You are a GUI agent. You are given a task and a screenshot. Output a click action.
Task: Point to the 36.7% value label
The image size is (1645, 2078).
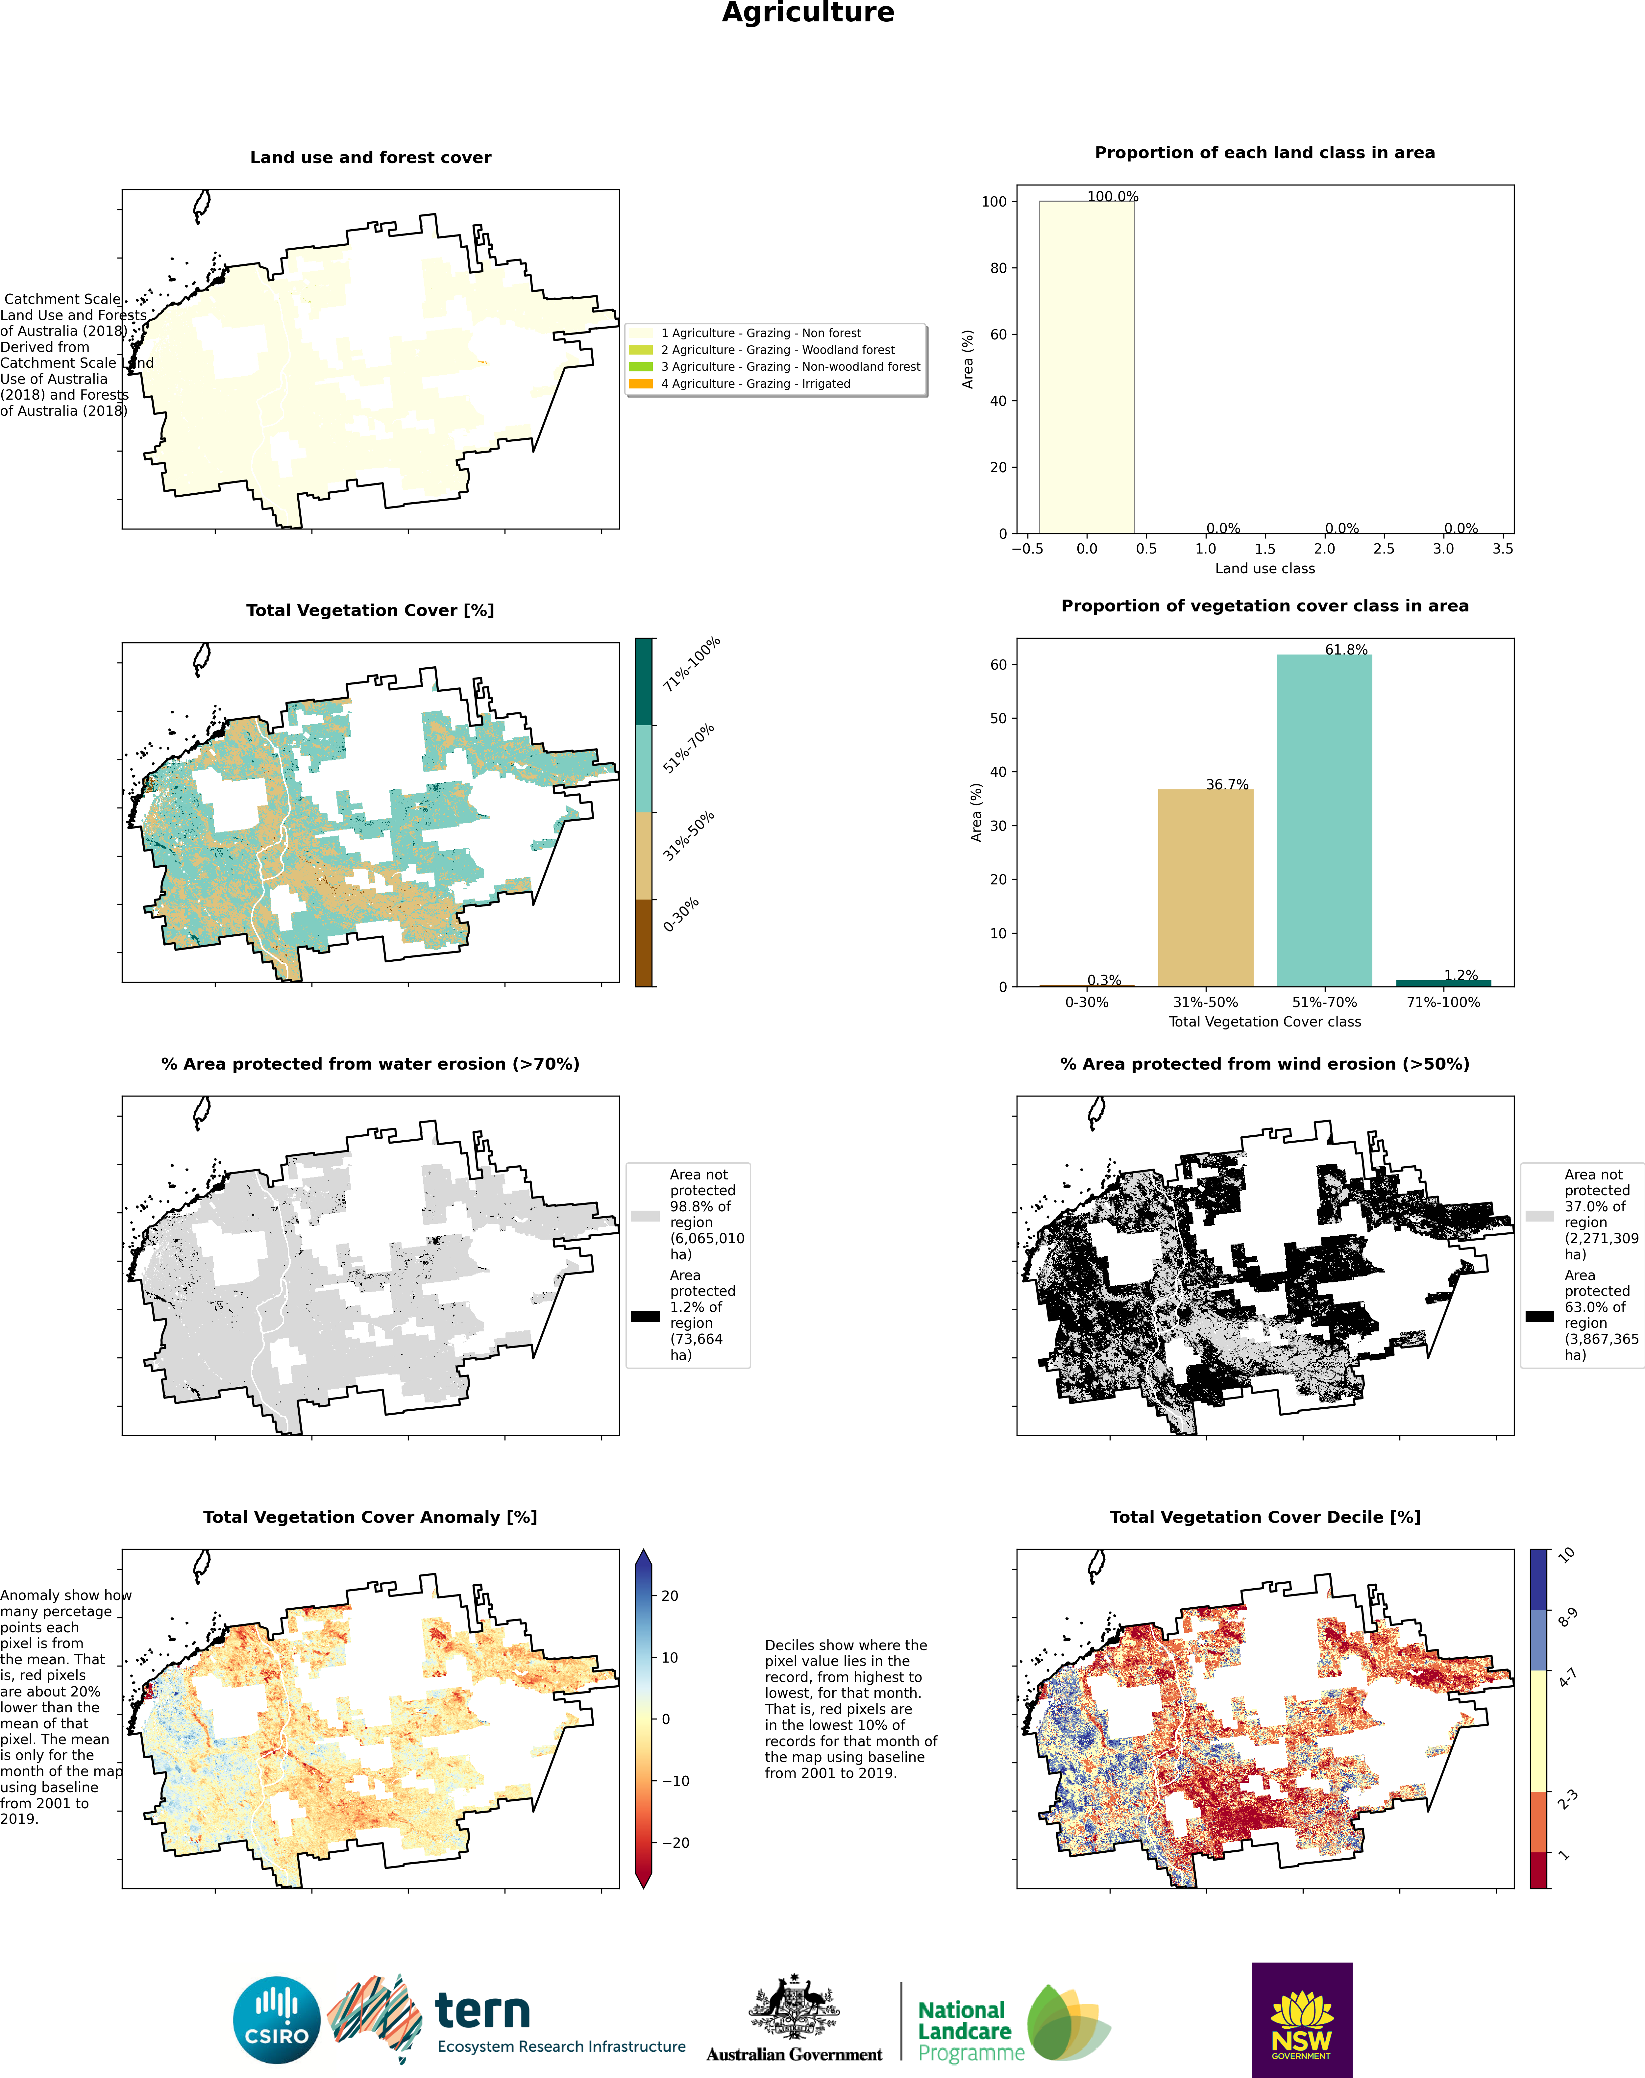click(x=1227, y=784)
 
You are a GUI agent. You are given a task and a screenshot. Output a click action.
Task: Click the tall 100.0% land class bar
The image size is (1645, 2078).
click(x=1086, y=367)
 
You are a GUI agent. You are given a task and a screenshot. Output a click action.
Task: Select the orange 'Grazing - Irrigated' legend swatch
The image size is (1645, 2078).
click(x=641, y=383)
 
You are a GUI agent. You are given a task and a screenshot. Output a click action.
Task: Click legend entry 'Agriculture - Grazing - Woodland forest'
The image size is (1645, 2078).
click(x=777, y=350)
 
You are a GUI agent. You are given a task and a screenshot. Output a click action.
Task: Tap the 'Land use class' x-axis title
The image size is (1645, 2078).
click(x=1264, y=568)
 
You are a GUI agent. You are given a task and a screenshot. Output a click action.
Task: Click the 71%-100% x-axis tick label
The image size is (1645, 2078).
click(x=1443, y=1002)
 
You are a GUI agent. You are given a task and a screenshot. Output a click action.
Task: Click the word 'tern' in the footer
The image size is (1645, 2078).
click(x=482, y=2010)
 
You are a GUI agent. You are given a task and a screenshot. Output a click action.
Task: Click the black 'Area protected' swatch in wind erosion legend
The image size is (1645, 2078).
click(x=1539, y=1315)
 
